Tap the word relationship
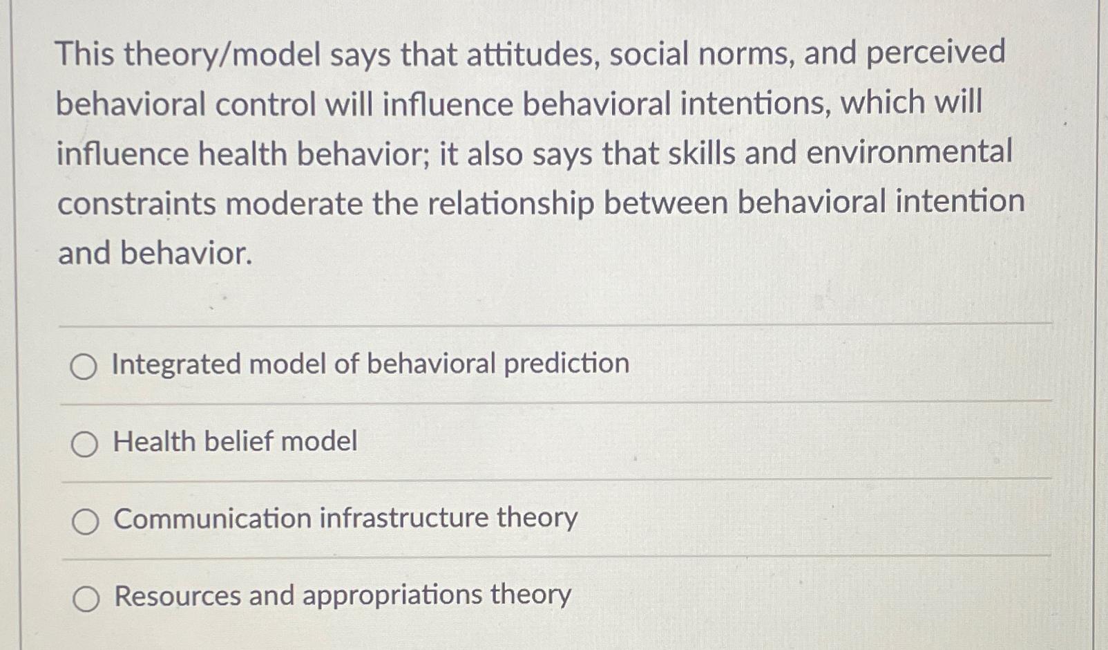(510, 204)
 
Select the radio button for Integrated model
(84, 366)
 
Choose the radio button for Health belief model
(84, 444)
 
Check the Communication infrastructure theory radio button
(85, 521)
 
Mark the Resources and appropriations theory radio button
(86, 598)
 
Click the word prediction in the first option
(566, 364)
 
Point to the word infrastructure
(403, 518)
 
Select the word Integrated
(175, 364)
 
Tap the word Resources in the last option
(178, 595)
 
